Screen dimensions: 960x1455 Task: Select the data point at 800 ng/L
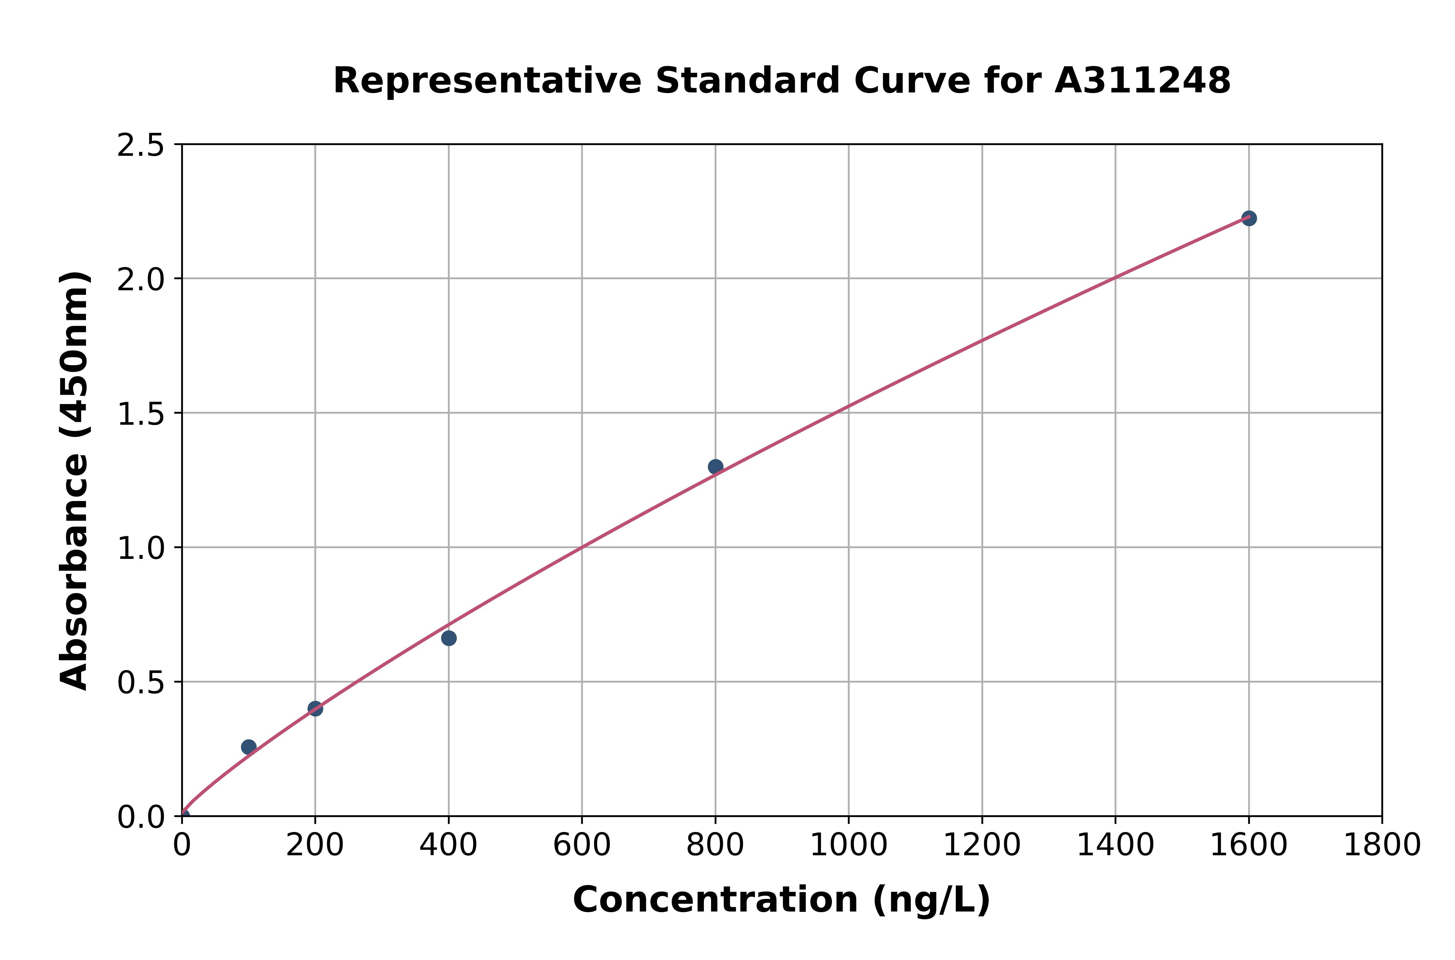click(715, 466)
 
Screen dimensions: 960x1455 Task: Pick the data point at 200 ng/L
click(315, 709)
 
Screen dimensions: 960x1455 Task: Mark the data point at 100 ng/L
click(249, 747)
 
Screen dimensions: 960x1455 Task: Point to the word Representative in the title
click(488, 81)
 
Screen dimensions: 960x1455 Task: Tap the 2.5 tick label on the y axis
click(141, 146)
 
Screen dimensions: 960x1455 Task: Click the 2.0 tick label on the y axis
click(141, 280)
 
